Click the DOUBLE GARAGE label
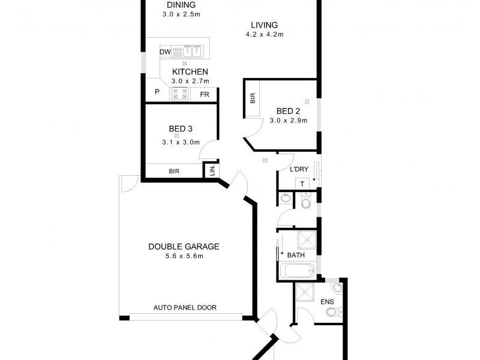click(x=184, y=246)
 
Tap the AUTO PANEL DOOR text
click(x=185, y=308)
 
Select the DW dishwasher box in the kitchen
click(x=166, y=52)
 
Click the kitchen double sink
click(x=191, y=52)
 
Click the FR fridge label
click(x=204, y=94)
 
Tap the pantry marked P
click(x=157, y=92)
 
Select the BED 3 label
click(x=180, y=128)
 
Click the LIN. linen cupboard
click(x=212, y=170)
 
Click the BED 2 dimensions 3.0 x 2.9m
click(x=288, y=121)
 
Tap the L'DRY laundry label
click(x=298, y=170)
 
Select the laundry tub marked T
click(x=302, y=184)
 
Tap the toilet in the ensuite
click(x=340, y=310)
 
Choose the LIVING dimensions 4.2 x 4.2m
click(x=264, y=35)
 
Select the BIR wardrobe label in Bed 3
click(x=174, y=172)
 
